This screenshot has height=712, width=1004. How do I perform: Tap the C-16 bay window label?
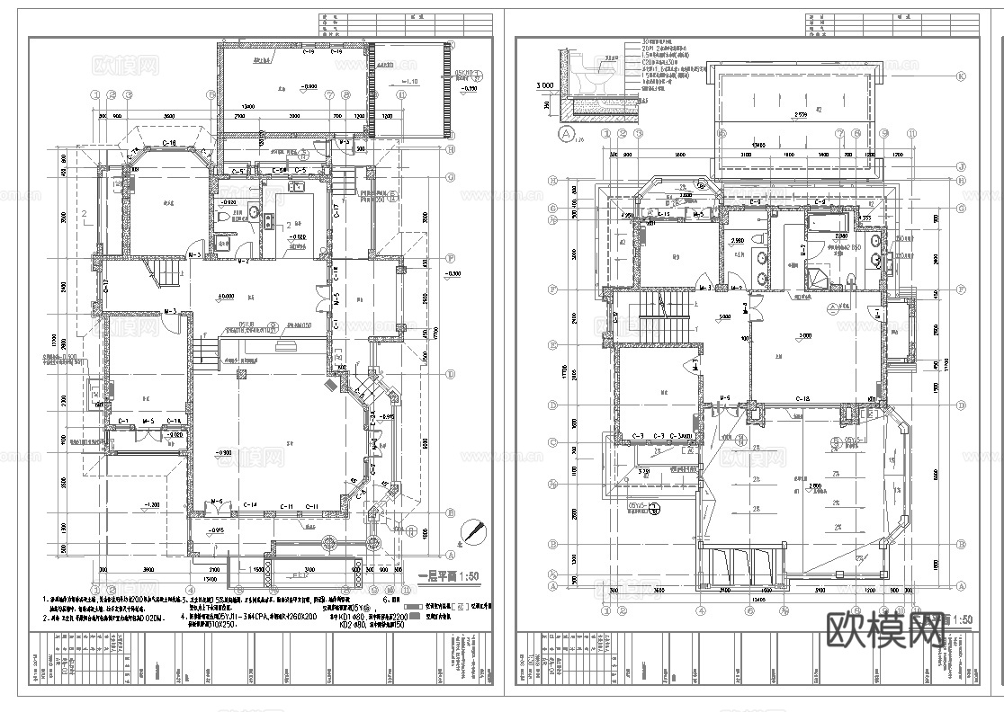coord(168,144)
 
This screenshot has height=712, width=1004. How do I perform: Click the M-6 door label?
coord(217,501)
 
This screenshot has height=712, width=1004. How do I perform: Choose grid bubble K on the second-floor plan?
coord(961,77)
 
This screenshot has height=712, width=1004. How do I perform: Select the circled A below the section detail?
coord(567,134)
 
